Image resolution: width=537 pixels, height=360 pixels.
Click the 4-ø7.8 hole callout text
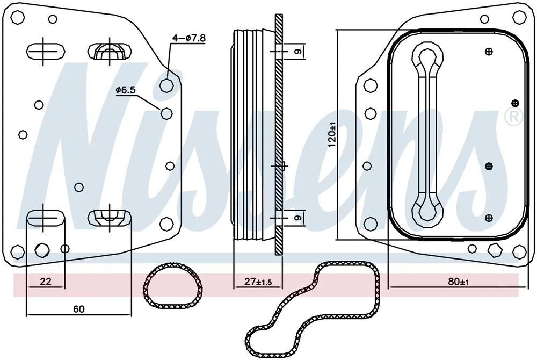tap(188, 38)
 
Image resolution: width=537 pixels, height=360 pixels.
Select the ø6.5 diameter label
tap(126, 90)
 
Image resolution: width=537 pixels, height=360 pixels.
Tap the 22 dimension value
tap(46, 281)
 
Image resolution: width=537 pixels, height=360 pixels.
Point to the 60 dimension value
tap(78, 309)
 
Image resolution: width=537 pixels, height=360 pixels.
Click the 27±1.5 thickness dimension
tap(258, 282)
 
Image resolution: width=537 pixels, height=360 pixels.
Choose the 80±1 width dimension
tap(458, 282)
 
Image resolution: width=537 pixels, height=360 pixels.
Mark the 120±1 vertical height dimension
tap(331, 135)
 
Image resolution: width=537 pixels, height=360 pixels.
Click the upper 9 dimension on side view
tap(297, 52)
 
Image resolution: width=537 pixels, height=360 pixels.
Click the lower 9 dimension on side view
tap(297, 218)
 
